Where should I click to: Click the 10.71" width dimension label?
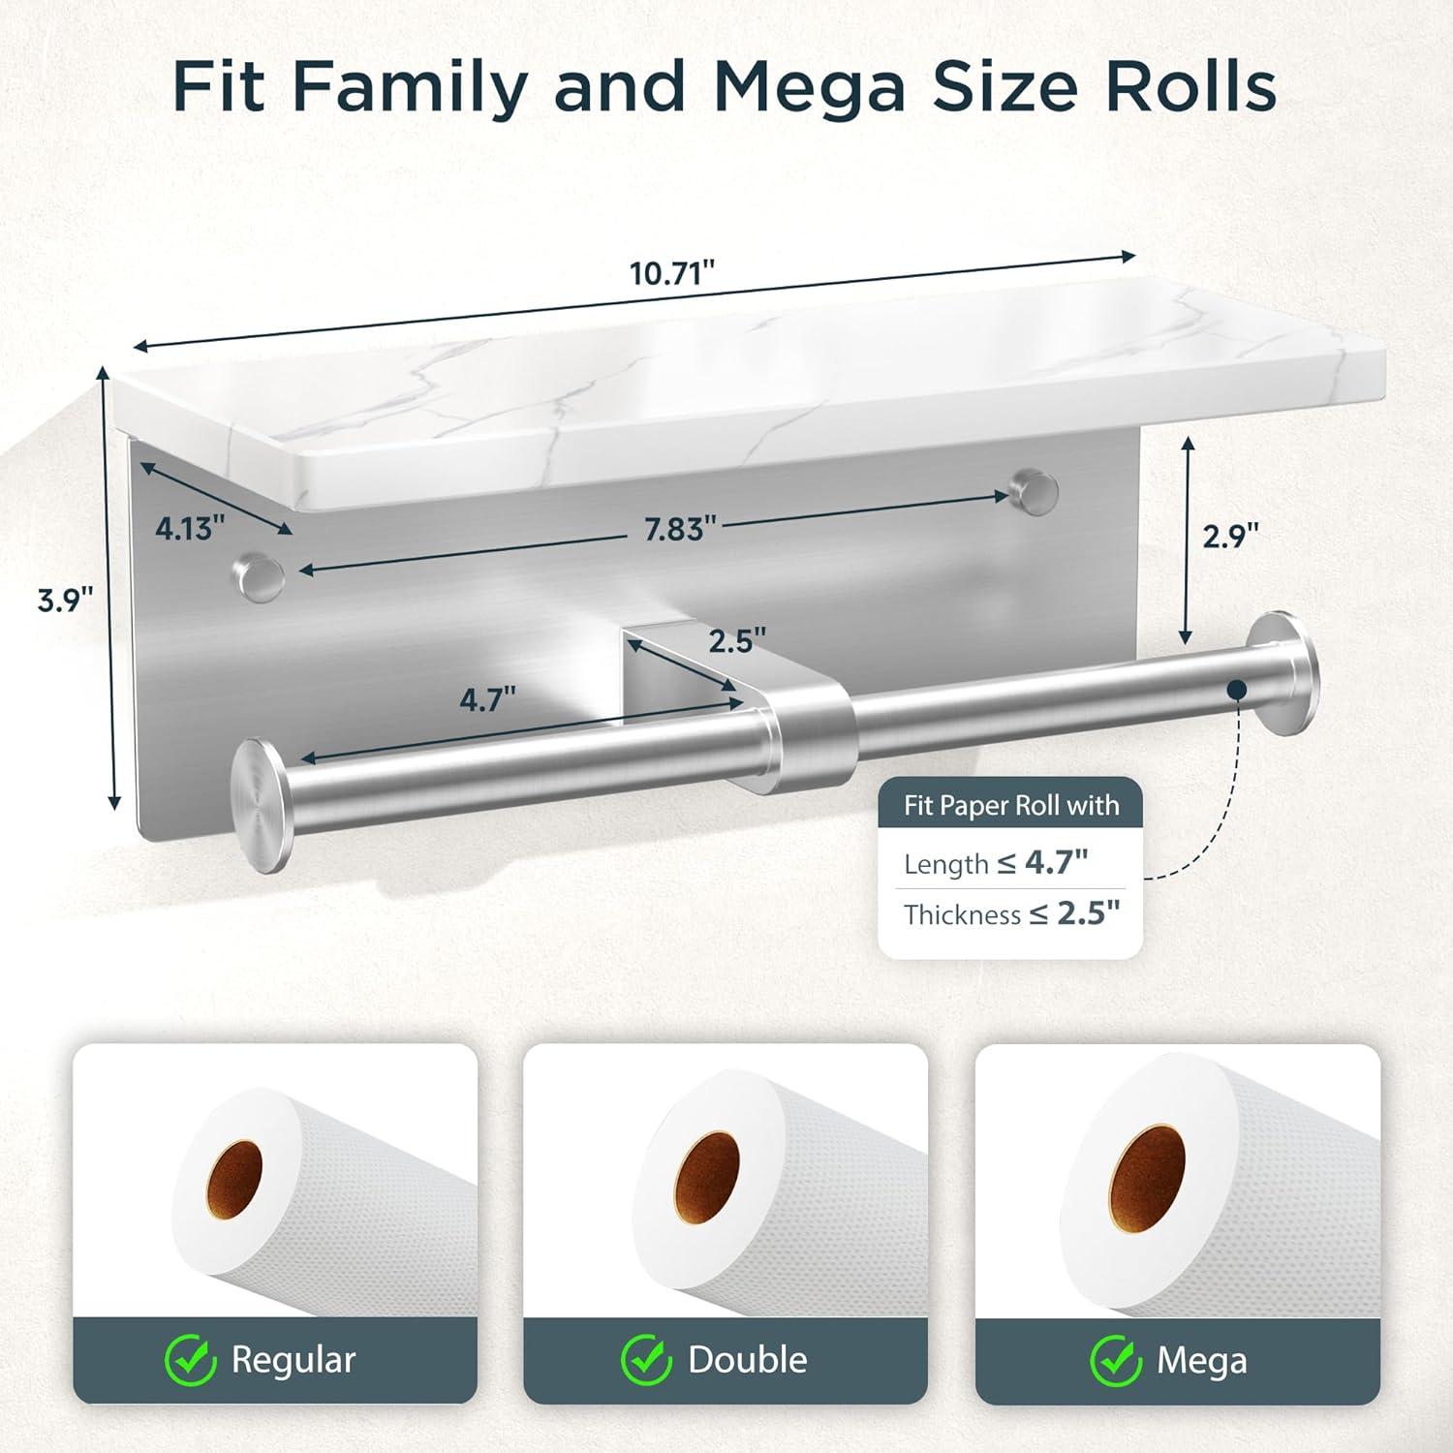pyautogui.click(x=671, y=274)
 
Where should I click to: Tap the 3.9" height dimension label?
pyautogui.click(x=65, y=601)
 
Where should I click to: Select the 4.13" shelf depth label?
pyautogui.click(x=190, y=528)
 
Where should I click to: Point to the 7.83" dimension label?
pyautogui.click(x=681, y=529)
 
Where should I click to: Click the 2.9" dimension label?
pyautogui.click(x=1230, y=536)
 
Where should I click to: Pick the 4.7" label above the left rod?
pyautogui.click(x=487, y=699)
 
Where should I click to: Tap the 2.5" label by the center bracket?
pyautogui.click(x=737, y=640)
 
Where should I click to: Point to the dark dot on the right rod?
pyautogui.click(x=1236, y=689)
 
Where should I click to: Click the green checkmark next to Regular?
pyautogui.click(x=190, y=1361)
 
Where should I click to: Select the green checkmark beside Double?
pyautogui.click(x=646, y=1361)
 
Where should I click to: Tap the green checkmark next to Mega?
pyautogui.click(x=1115, y=1361)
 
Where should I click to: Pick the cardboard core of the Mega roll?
pyautogui.click(x=1147, y=1174)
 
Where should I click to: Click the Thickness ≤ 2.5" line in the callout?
pyautogui.click(x=1010, y=914)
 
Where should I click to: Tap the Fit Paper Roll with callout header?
pyautogui.click(x=1010, y=806)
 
